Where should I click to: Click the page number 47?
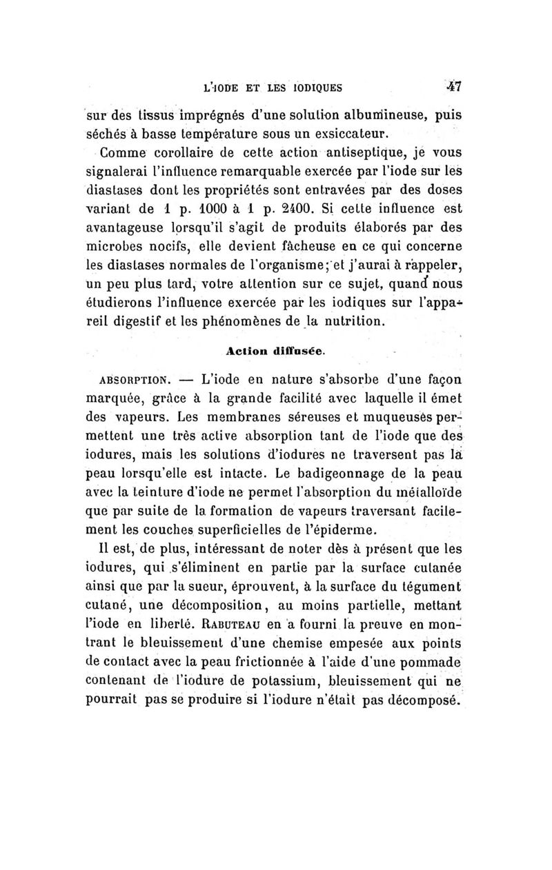pos(453,88)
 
